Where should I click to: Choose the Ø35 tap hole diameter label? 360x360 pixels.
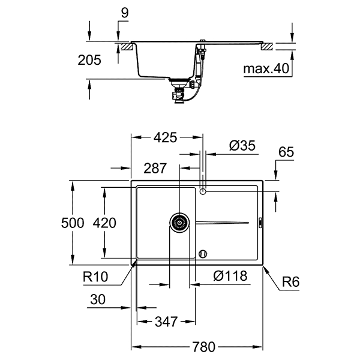coord(242,145)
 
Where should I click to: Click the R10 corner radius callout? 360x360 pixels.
coord(97,277)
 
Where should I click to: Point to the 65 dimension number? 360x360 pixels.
coord(286,154)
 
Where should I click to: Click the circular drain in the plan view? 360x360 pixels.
coord(179,223)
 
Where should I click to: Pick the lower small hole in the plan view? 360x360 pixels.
coord(203,253)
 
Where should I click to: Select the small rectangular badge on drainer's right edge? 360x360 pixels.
coord(260,223)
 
